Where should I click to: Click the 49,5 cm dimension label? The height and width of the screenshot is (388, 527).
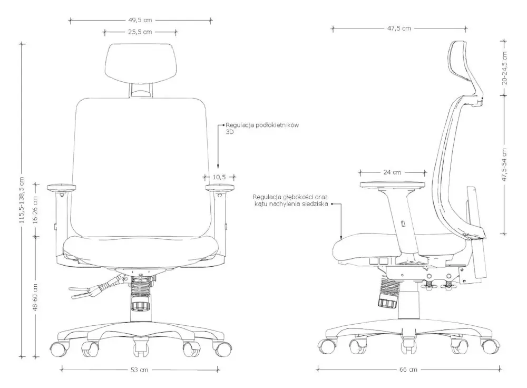[x=140, y=20]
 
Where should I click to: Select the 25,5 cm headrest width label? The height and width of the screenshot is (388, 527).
[x=140, y=32]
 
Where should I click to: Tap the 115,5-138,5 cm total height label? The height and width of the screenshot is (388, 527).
[x=22, y=200]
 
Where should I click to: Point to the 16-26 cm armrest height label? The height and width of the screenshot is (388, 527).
[x=35, y=210]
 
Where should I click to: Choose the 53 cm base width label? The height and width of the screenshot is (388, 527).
[x=139, y=370]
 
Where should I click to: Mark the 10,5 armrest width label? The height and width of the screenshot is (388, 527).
[x=219, y=177]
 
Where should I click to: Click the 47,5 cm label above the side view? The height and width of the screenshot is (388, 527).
[x=399, y=28]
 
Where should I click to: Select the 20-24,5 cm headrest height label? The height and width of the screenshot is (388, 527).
[x=504, y=68]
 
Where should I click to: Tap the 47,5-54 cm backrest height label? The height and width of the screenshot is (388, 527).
[x=504, y=165]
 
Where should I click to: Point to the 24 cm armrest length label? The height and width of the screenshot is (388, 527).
[x=392, y=172]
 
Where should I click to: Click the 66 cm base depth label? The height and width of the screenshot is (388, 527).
[x=408, y=370]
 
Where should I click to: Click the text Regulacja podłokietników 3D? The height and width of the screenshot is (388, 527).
[x=262, y=129]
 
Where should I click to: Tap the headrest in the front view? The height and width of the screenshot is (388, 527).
[x=141, y=63]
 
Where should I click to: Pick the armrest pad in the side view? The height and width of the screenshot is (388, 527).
[x=392, y=185]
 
